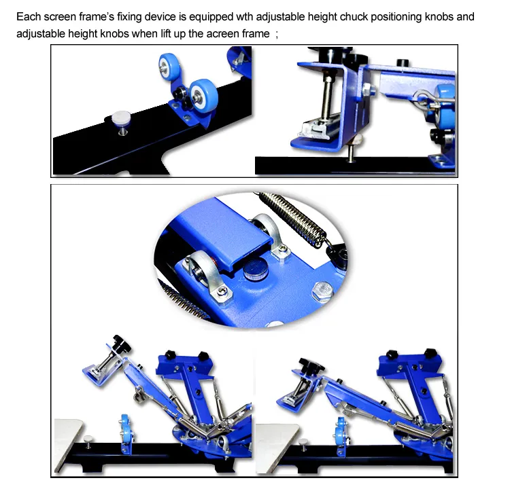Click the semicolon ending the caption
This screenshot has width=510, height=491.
[277, 33]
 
